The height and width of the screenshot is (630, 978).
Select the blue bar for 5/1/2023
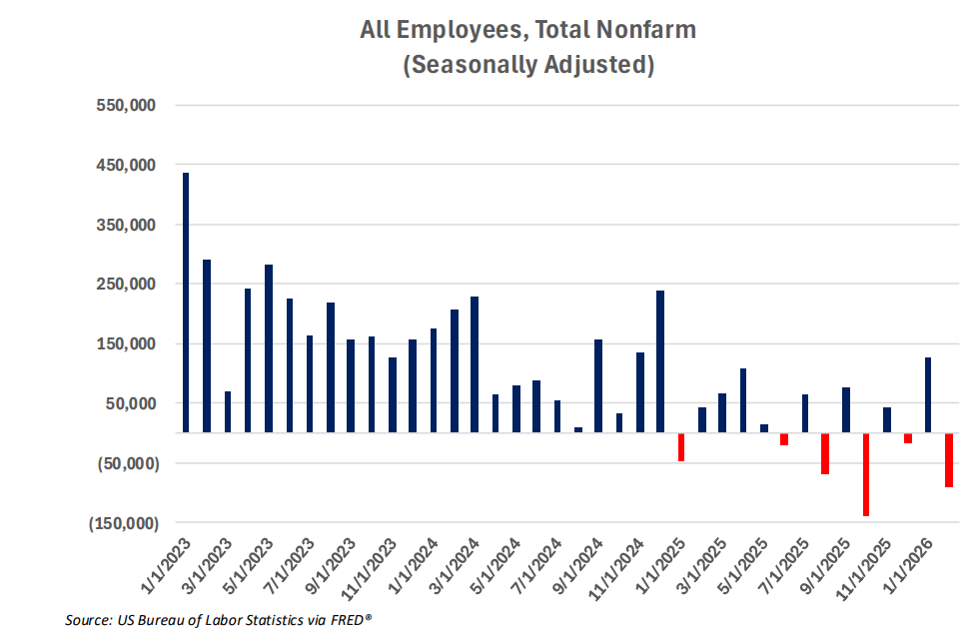[x=269, y=348]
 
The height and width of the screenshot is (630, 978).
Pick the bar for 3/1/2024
[x=475, y=364]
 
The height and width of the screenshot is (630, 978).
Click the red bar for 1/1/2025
[x=681, y=446]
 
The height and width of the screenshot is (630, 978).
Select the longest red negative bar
[x=866, y=474]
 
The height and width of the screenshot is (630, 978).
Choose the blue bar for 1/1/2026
[x=928, y=394]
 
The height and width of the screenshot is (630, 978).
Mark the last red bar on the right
[x=949, y=459]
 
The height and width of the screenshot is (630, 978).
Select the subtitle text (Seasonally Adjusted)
[x=527, y=66]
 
